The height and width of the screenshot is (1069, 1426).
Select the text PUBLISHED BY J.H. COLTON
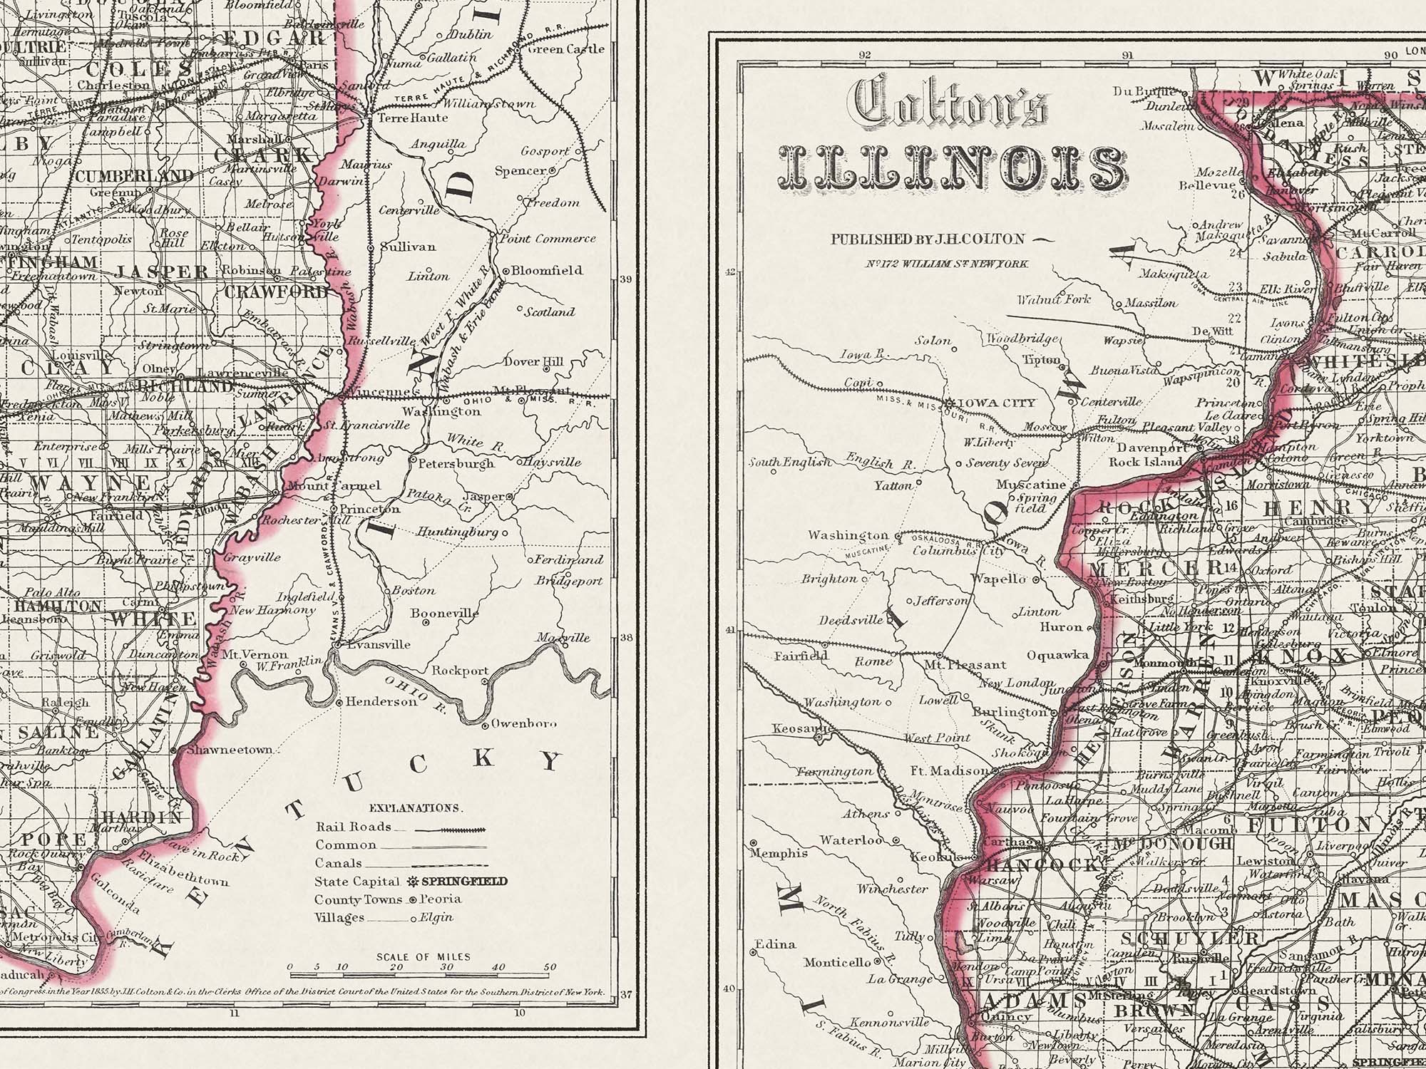coord(927,239)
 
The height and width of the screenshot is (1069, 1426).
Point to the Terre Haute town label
coord(412,118)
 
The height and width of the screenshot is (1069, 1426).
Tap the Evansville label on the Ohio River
coord(384,644)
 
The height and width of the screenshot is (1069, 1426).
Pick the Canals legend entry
coord(338,863)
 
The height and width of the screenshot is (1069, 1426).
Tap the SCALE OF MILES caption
coord(424,956)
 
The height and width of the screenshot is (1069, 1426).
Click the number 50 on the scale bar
coord(549,968)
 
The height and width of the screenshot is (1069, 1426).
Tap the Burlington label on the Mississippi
coord(1012,711)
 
